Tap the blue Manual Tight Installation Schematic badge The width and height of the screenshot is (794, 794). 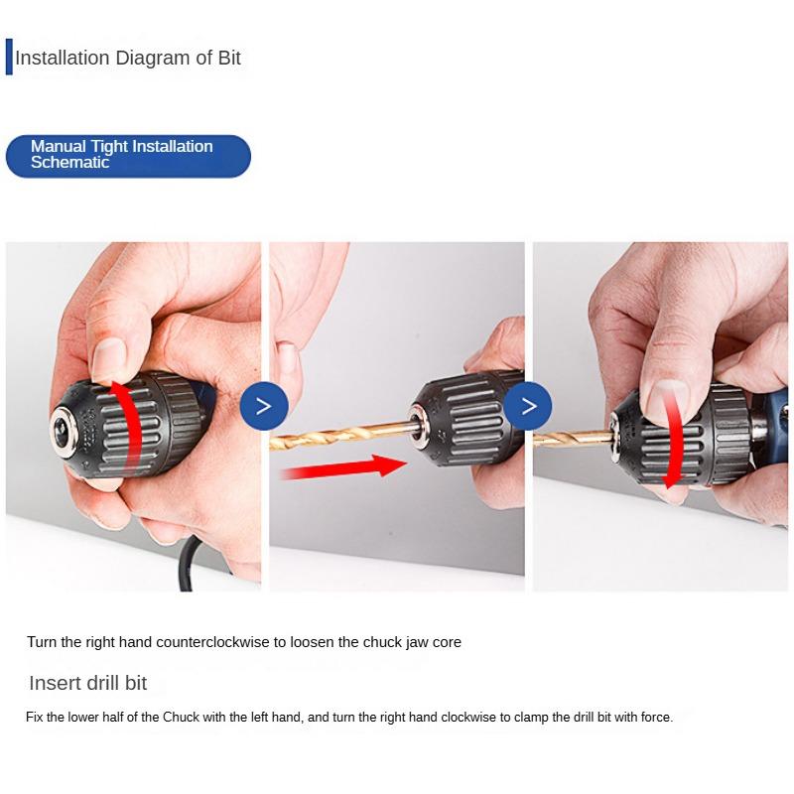[128, 156]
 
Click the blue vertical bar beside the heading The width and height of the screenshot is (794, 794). [9, 58]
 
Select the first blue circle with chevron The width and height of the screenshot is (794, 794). [264, 405]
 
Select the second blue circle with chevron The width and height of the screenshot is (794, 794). [528, 405]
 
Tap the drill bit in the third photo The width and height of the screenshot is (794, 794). [571, 433]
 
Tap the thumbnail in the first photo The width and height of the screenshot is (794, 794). [108, 357]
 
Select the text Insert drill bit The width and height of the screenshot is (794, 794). [88, 683]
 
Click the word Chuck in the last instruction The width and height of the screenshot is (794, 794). [181, 717]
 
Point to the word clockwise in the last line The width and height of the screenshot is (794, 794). [460, 717]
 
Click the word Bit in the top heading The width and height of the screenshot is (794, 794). [228, 58]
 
